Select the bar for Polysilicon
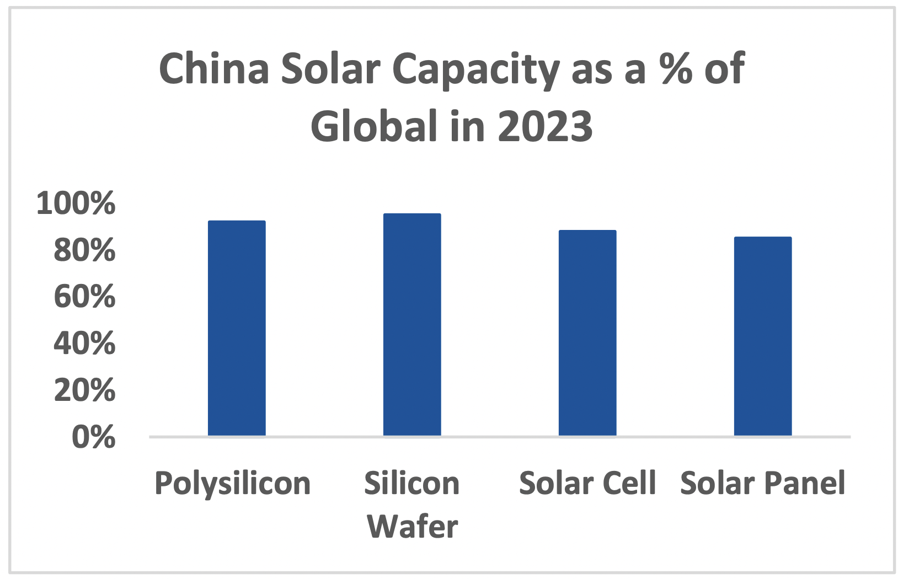click(x=237, y=328)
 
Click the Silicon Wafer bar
click(x=412, y=325)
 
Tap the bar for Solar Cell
click(x=587, y=333)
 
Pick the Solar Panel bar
click(x=763, y=336)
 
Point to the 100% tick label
click(x=76, y=203)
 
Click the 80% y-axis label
click(x=84, y=250)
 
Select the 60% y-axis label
click(x=84, y=297)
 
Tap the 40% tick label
click(x=84, y=344)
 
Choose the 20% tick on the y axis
click(x=84, y=390)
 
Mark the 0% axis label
click(x=93, y=437)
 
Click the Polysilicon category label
click(x=232, y=484)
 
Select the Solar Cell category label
click(x=587, y=483)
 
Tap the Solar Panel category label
click(x=762, y=483)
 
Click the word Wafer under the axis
click(x=413, y=526)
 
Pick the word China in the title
click(x=214, y=69)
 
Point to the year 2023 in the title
click(x=545, y=126)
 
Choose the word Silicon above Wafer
click(x=412, y=483)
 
